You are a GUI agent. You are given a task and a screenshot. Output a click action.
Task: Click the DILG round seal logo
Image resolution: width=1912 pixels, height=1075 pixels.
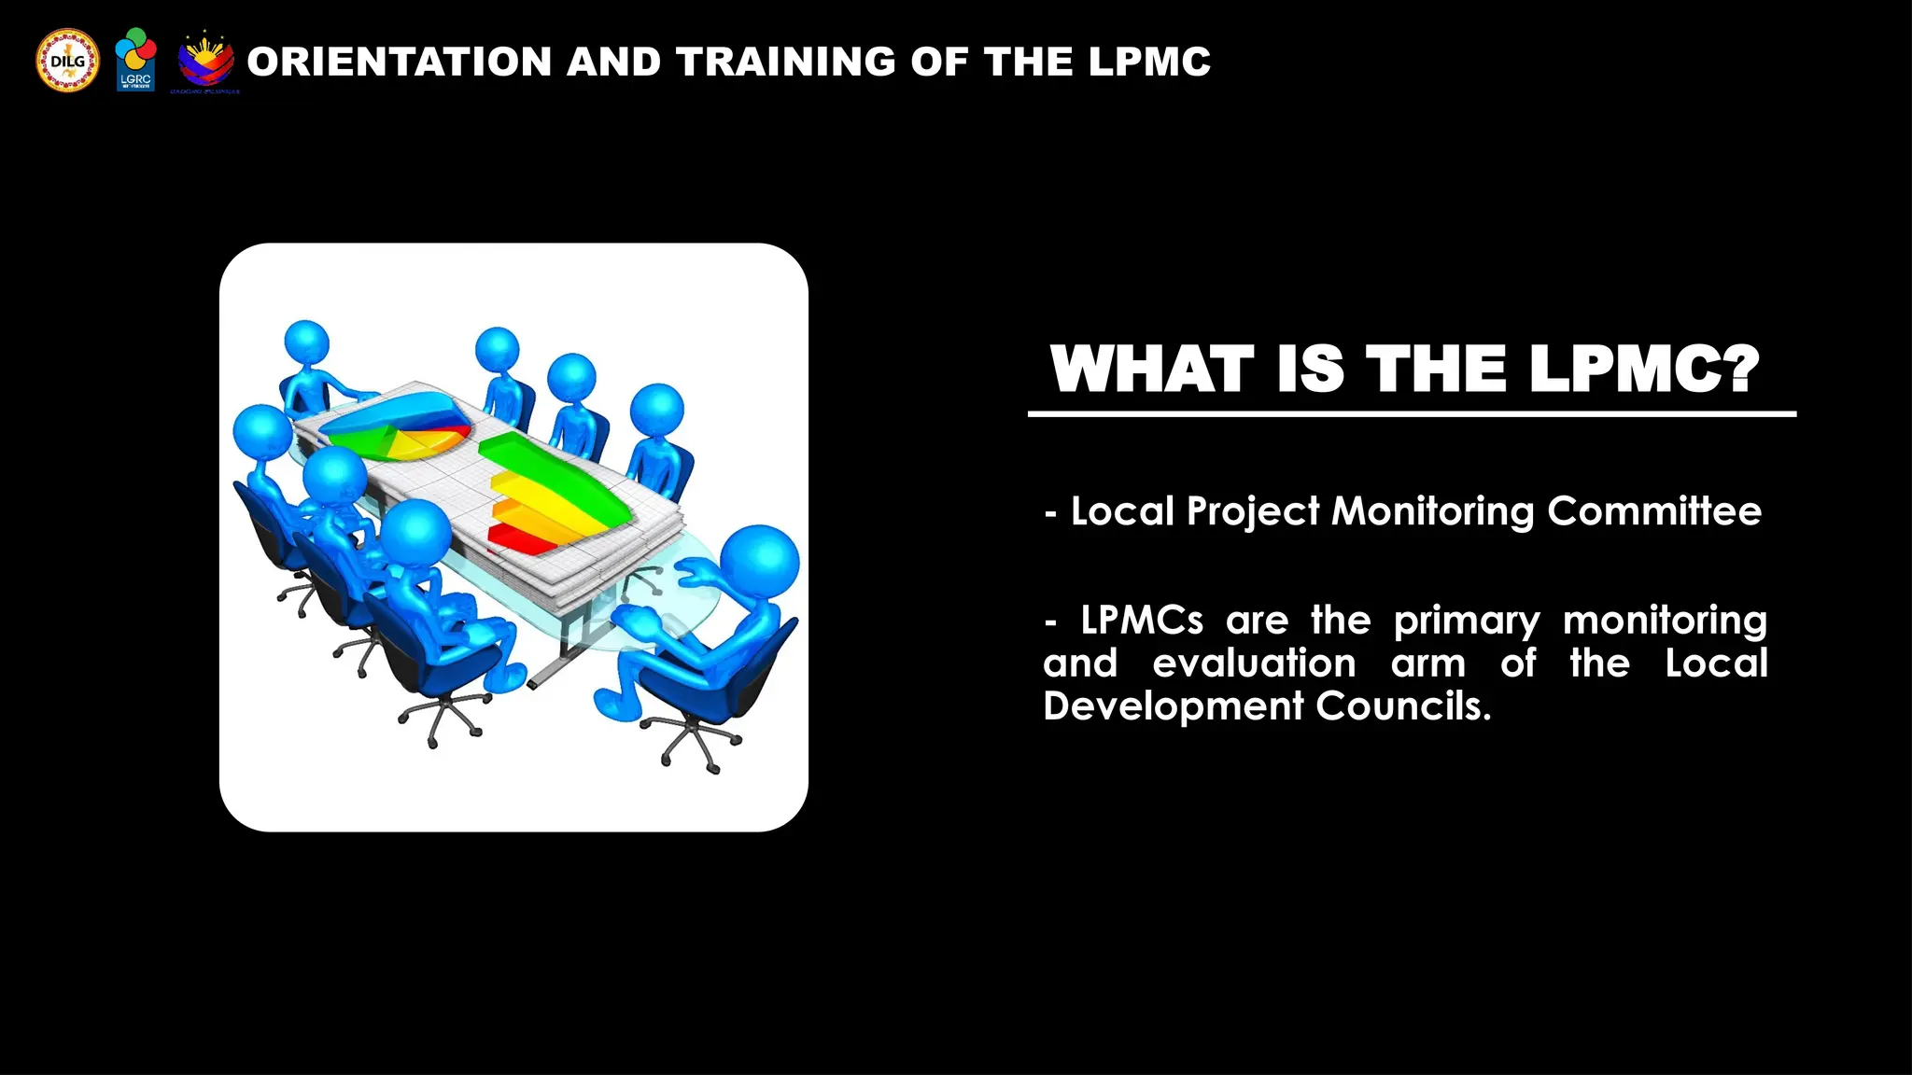(x=67, y=61)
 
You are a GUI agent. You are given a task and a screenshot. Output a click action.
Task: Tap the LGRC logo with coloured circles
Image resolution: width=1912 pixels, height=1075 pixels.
(x=135, y=59)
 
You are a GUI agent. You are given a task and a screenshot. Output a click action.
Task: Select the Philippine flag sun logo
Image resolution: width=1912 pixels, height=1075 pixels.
(x=205, y=62)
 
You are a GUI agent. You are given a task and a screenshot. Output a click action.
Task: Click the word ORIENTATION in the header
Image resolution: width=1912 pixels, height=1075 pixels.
(x=400, y=63)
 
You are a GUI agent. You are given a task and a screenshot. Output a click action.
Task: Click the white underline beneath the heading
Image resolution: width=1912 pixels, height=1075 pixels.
(x=1412, y=413)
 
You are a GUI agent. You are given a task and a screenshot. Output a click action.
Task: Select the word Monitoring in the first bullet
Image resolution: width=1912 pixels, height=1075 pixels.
(x=1433, y=512)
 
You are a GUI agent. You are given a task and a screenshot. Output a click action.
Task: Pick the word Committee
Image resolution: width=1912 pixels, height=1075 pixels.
(x=1653, y=511)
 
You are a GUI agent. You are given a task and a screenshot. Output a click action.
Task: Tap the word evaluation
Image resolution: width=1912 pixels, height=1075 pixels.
(x=1254, y=663)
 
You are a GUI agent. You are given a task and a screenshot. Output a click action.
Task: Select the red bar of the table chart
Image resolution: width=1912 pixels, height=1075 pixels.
(x=523, y=538)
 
